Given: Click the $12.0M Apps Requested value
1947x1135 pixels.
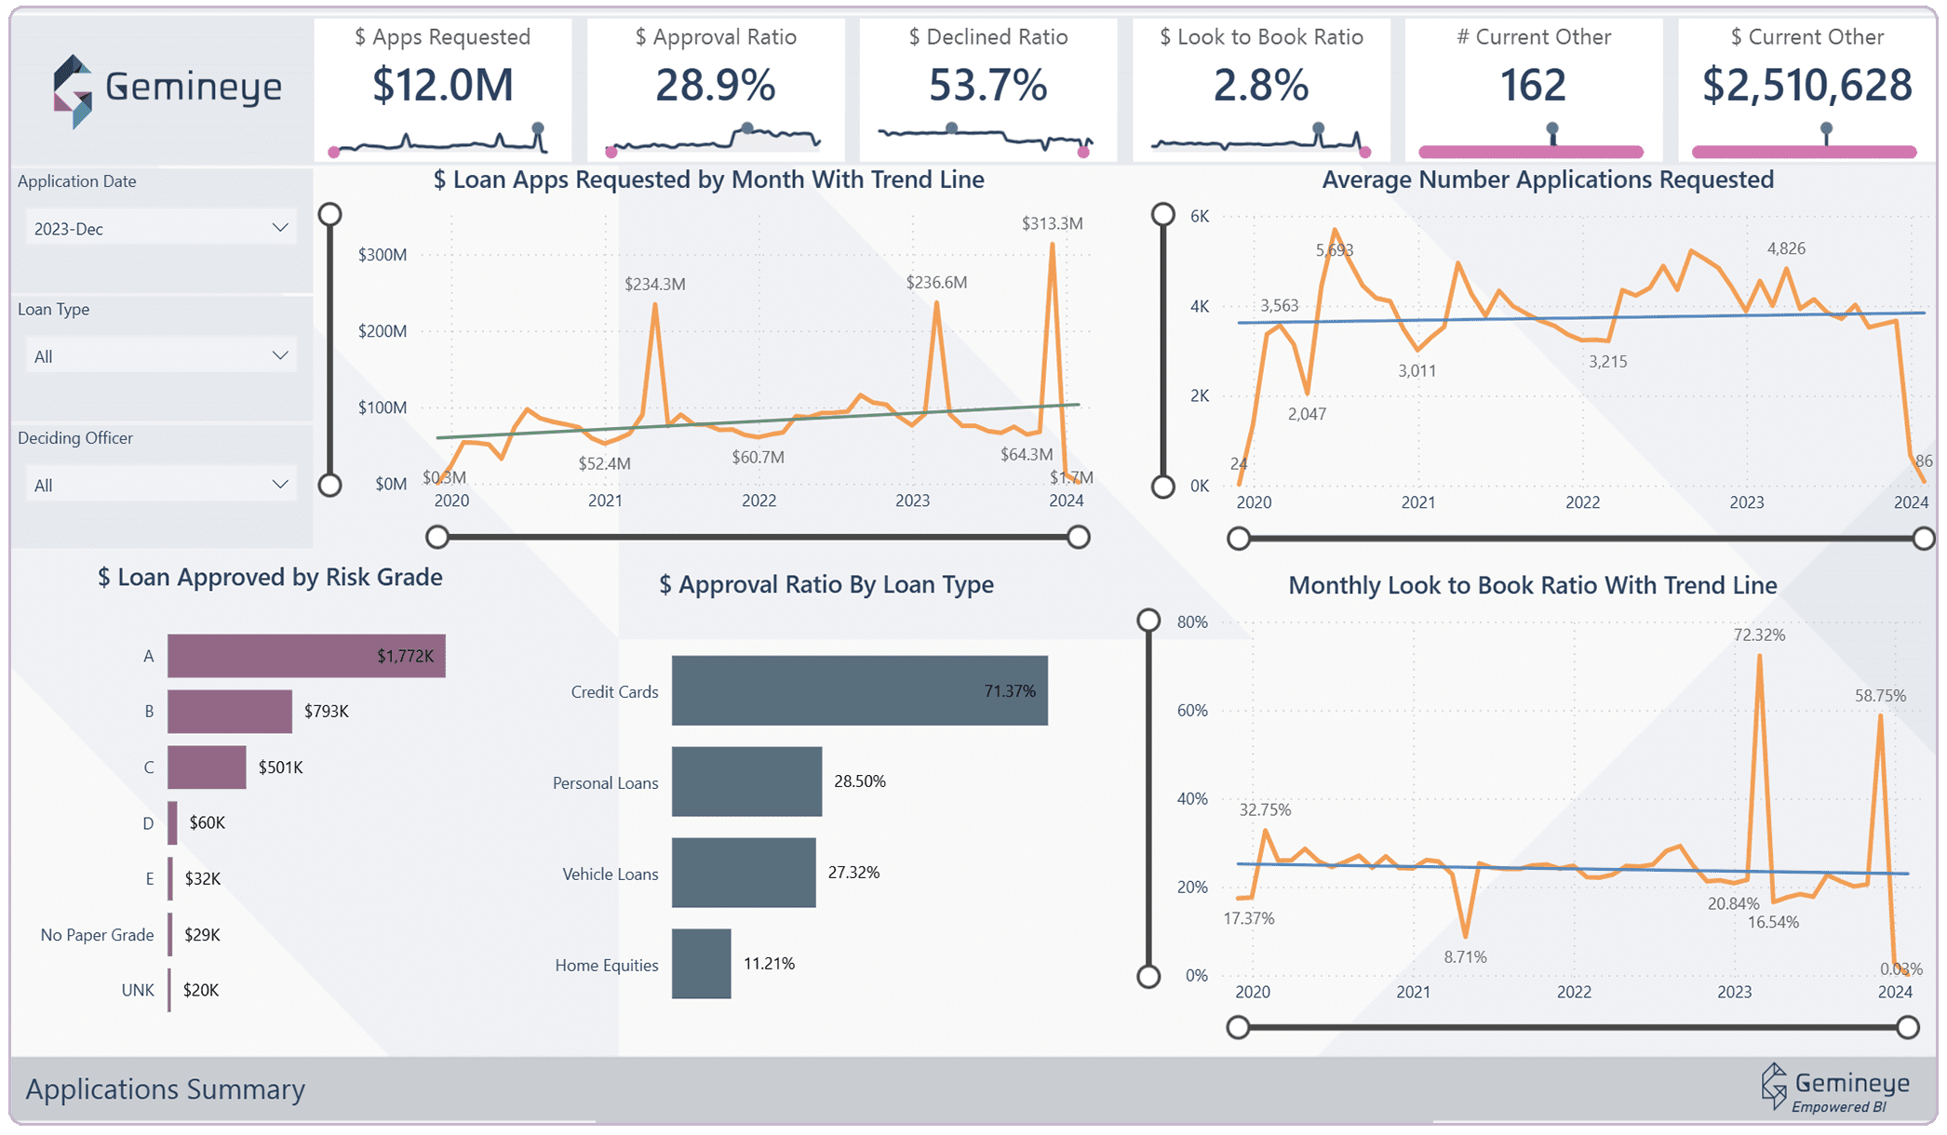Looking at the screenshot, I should click(x=442, y=86).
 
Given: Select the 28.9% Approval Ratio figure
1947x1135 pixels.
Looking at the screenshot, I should click(x=715, y=86).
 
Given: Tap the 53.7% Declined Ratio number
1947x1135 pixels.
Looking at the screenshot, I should click(x=987, y=86).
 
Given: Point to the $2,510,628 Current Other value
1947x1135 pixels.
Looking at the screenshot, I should click(x=1806, y=86).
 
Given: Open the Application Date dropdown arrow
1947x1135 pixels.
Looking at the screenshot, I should click(x=279, y=228).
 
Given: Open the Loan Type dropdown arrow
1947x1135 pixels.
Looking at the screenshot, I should click(x=279, y=355).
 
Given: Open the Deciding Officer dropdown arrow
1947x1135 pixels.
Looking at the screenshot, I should click(x=279, y=484).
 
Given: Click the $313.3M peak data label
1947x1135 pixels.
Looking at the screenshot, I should click(x=1052, y=223).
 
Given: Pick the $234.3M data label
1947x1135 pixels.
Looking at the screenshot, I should click(x=654, y=284).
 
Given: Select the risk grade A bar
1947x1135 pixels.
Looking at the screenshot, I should click(x=306, y=656).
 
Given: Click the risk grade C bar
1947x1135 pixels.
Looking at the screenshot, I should click(x=207, y=768).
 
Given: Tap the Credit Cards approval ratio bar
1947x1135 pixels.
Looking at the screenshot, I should click(x=859, y=690).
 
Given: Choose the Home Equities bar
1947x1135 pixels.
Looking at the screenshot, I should click(x=701, y=964).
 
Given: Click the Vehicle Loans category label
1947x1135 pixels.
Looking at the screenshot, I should click(x=610, y=875).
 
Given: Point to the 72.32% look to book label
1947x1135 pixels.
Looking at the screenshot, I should click(x=1759, y=635).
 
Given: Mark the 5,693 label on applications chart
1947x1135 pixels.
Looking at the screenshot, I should click(x=1335, y=250).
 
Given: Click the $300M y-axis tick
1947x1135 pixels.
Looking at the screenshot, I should click(x=382, y=255).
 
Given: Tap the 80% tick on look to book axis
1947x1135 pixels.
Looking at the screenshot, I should click(x=1192, y=622).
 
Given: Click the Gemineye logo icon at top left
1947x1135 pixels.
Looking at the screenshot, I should click(x=73, y=91).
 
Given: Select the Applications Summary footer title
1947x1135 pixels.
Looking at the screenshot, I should click(x=166, y=1089).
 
